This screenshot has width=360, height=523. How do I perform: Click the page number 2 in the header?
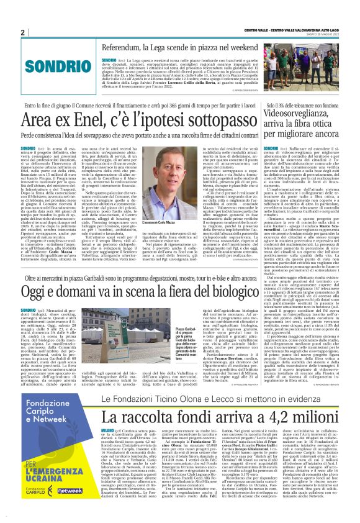click(x=23, y=33)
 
